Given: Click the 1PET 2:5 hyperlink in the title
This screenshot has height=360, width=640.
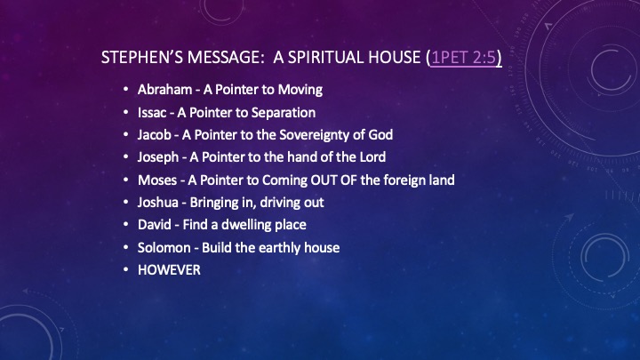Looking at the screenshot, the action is (x=463, y=57).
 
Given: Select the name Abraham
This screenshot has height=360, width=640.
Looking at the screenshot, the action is (x=164, y=90).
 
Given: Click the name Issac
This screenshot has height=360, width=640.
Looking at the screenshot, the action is (x=151, y=112).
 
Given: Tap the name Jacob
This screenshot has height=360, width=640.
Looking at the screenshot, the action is (x=155, y=135).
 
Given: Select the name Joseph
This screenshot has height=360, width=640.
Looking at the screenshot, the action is (x=158, y=157).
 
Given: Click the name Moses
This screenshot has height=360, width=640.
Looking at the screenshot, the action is (x=157, y=180).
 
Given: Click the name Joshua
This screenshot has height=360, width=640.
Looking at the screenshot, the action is (x=158, y=203).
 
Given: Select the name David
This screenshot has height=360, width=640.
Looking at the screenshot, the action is (x=155, y=225).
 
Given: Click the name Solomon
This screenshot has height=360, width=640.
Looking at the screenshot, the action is (x=164, y=247).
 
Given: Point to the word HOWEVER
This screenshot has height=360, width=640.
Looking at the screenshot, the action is (x=169, y=270).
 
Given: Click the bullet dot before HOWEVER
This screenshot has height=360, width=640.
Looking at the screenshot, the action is (x=125, y=270).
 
